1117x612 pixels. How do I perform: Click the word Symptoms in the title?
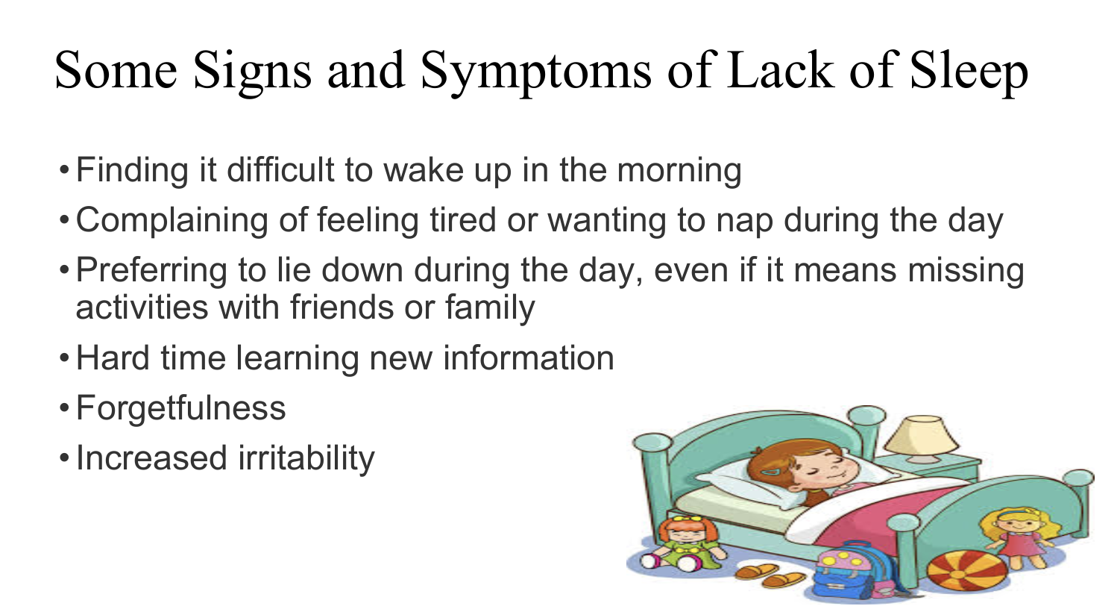[535, 71]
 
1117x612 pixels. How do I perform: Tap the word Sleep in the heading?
[969, 71]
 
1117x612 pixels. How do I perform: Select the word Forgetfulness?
[180, 408]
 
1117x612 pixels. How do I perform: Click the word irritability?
[306, 458]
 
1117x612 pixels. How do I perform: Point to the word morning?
[679, 171]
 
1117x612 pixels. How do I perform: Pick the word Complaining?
[172, 221]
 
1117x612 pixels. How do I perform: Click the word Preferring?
[151, 271]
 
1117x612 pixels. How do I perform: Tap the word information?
[529, 358]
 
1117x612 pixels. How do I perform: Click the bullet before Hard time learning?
[64, 358]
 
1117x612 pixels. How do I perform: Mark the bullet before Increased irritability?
[64, 458]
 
